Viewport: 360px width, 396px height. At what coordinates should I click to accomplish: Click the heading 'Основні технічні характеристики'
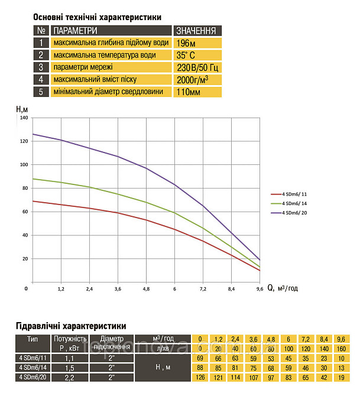pos(97,18)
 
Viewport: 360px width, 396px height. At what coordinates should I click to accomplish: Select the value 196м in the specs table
pos(186,43)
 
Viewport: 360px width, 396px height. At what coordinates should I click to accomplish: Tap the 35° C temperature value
pos(187,56)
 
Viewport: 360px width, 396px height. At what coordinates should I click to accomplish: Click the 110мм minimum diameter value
pos(189,92)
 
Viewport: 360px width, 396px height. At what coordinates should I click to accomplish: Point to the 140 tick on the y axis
pos(24,118)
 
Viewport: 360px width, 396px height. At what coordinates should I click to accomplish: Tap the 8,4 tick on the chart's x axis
pos(231,289)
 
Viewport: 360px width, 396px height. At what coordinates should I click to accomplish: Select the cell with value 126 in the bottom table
pos(201,376)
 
